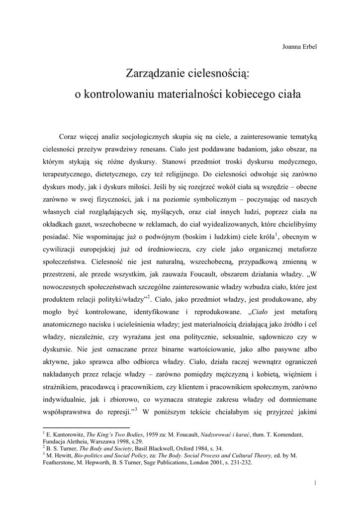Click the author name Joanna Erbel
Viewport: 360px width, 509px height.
[299, 47]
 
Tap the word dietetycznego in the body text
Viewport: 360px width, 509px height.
[120, 175]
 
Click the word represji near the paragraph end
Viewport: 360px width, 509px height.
[118, 412]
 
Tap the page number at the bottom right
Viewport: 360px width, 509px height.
[315, 483]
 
